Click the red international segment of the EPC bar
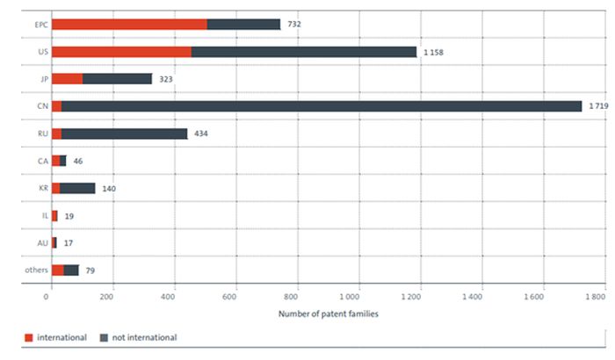[129, 25]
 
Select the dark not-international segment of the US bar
[303, 52]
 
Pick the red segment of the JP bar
[67, 79]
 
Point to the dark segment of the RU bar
[124, 133]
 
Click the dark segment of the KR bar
[77, 188]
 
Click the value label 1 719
[598, 106]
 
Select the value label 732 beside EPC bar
[294, 25]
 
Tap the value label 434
[200, 133]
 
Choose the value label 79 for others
[90, 270]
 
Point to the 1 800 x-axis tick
[594, 298]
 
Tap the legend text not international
[143, 337]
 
